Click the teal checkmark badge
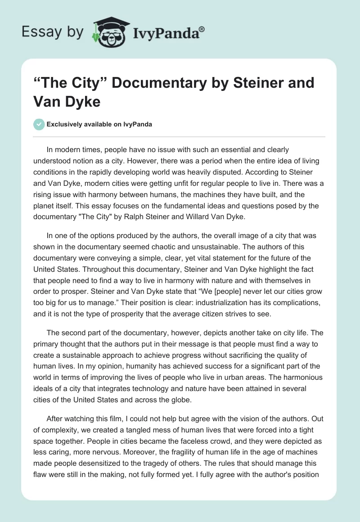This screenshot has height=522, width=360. [39, 124]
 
